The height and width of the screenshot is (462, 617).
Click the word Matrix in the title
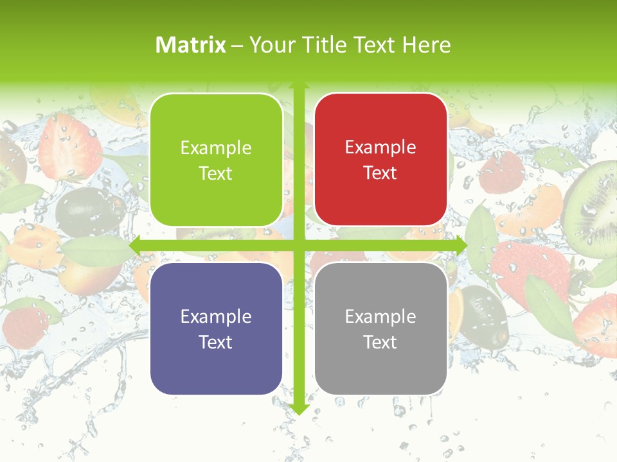coord(191,45)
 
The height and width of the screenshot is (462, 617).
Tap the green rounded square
coord(216,160)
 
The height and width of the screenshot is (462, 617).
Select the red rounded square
coord(380,160)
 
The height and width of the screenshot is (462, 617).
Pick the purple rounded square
coord(216,329)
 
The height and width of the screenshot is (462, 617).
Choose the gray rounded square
coord(380,329)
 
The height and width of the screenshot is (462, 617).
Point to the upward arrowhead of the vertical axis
coord(298,86)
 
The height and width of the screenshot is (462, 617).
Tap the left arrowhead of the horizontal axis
coord(136,246)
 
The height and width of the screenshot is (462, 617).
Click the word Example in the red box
coord(380,148)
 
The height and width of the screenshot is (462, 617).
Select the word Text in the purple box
coord(216,342)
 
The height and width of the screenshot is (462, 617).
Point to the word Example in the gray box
coord(380,316)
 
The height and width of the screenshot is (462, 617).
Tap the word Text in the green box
coord(216,173)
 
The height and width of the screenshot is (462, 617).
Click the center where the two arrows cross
coord(298,246)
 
